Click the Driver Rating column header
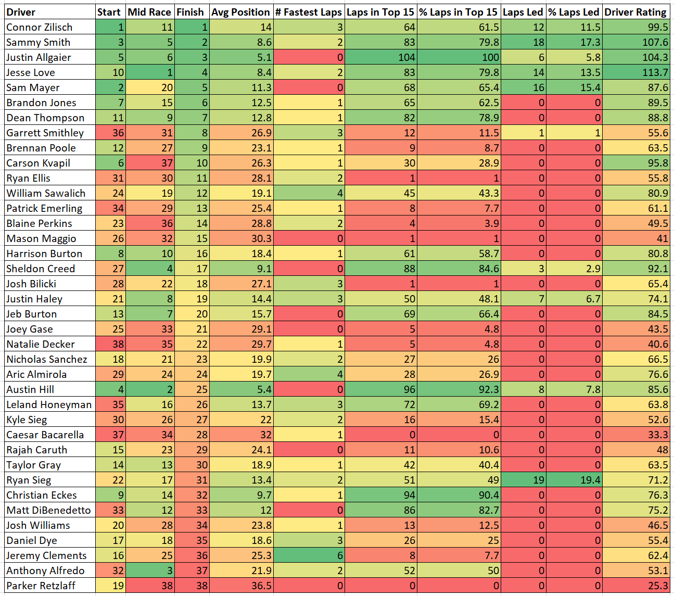tap(635, 12)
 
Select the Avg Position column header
tap(240, 12)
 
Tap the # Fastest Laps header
tap(309, 12)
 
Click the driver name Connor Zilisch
tap(40, 27)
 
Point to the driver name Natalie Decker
tap(41, 344)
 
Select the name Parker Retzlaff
tap(41, 586)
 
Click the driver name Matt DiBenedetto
tap(48, 510)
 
